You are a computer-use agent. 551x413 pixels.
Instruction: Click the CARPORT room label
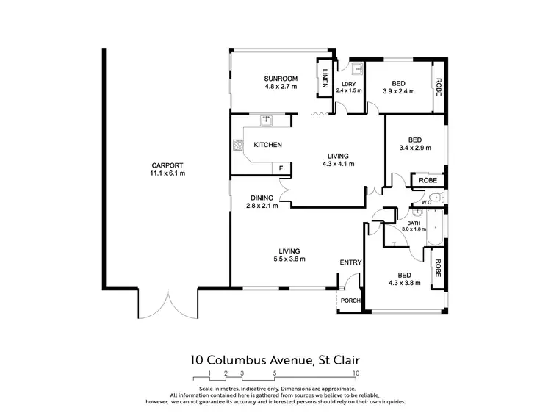pos(168,165)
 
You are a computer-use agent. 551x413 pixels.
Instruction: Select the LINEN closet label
pos(325,76)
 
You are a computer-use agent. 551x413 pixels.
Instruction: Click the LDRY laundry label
pos(349,84)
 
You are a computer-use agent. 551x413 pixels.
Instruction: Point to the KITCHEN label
pos(267,145)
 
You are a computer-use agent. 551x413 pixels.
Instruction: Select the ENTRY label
pos(350,262)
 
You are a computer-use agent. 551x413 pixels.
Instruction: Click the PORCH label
pos(350,300)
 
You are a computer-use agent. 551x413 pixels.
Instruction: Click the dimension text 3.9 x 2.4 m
pos(399,92)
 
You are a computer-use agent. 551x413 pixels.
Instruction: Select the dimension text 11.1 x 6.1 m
pos(168,173)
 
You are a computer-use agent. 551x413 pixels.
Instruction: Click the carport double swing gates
pos(168,303)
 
